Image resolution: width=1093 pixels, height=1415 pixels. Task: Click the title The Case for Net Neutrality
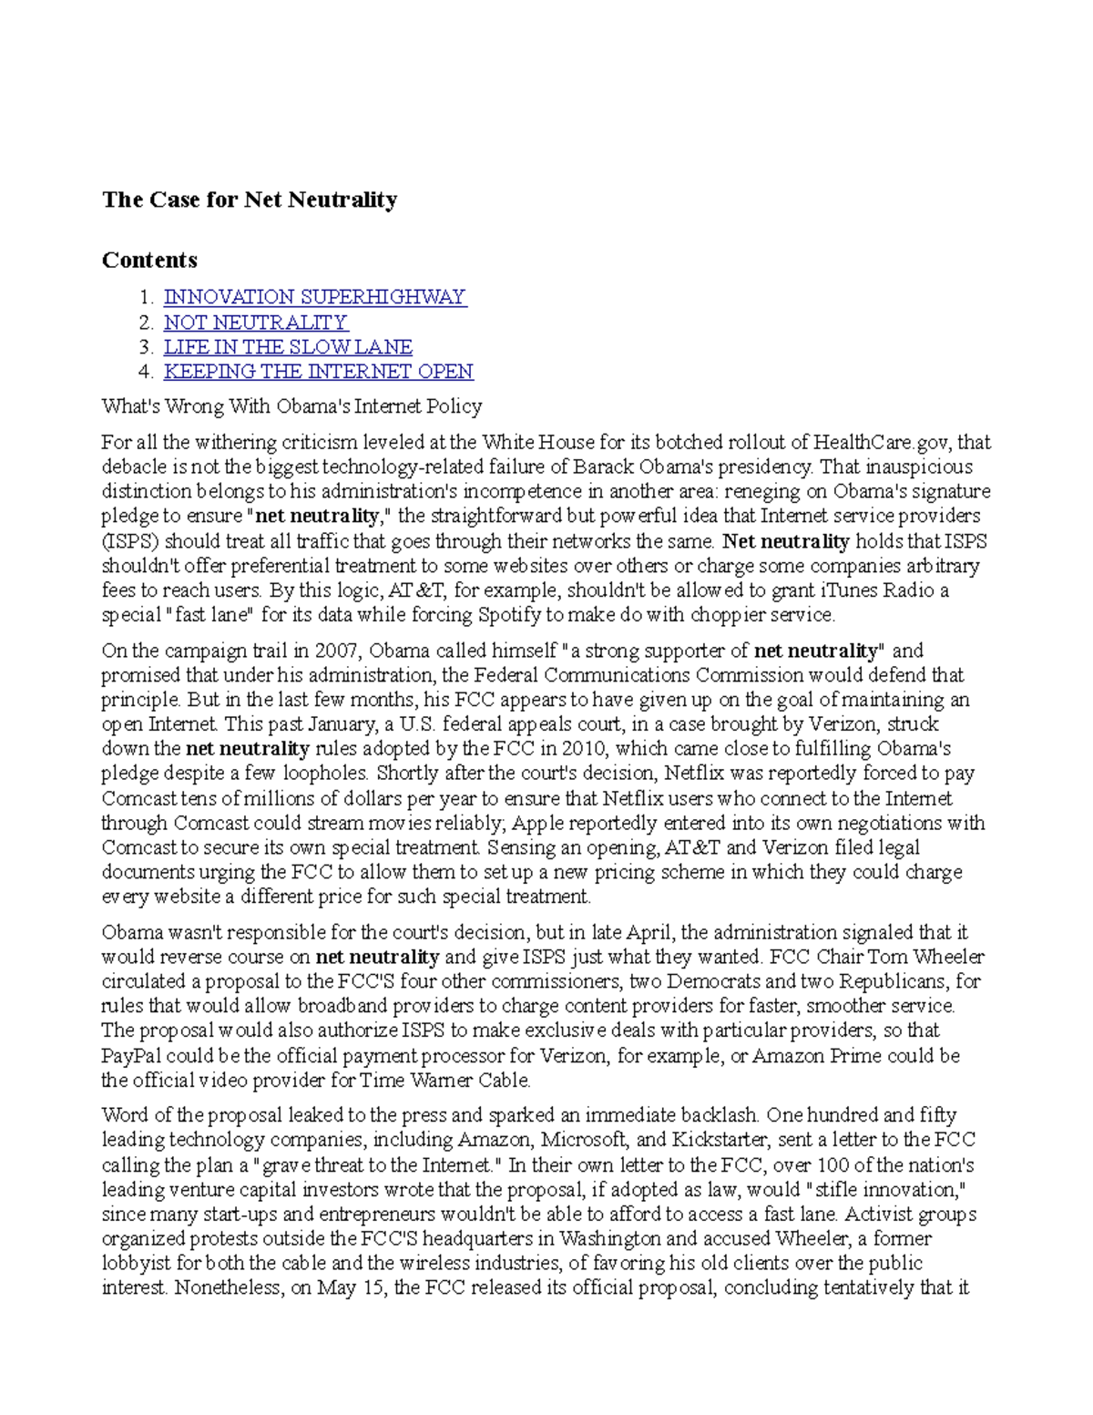click(250, 200)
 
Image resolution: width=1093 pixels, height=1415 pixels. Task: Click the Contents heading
click(149, 260)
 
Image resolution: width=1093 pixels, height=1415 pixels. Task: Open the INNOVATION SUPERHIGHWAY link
click(314, 297)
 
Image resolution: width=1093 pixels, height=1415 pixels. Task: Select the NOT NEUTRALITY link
click(255, 323)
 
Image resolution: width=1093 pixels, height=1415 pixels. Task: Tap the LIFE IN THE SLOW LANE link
click(288, 347)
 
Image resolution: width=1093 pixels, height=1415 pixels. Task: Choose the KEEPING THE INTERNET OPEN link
click(318, 372)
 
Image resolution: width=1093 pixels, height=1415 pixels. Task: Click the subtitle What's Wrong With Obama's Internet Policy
click(291, 406)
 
